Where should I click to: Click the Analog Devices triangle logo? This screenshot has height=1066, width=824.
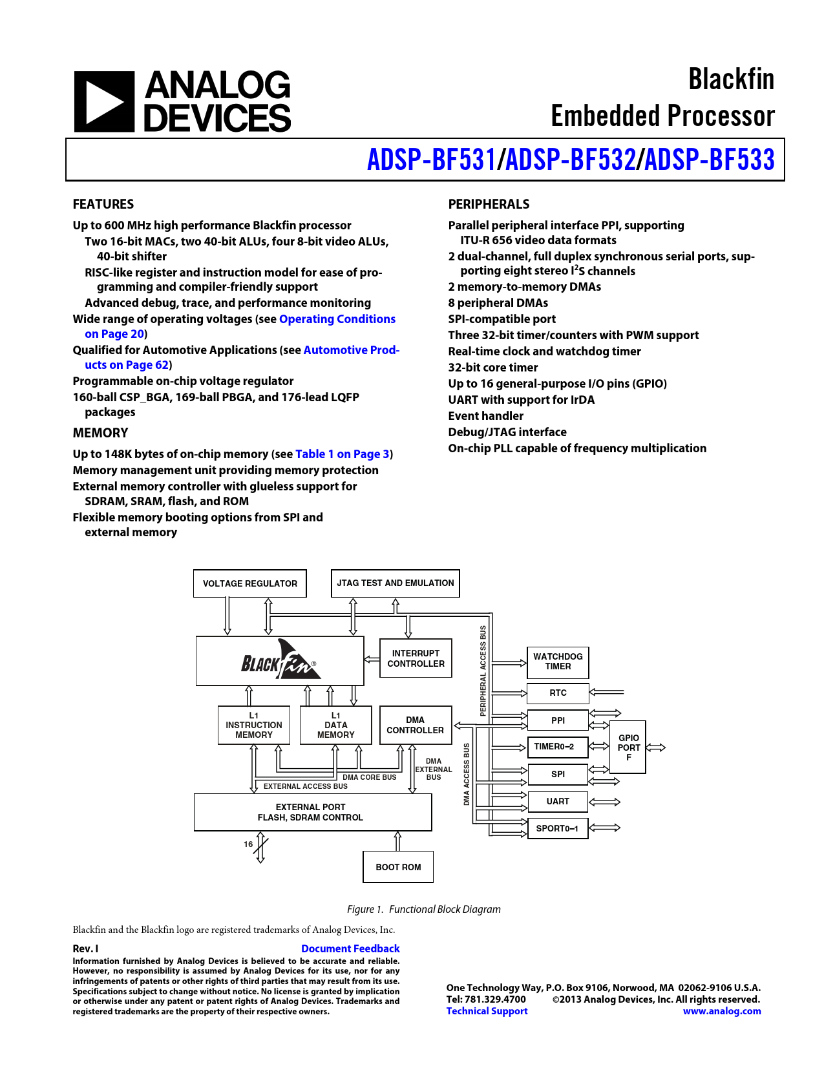point(104,101)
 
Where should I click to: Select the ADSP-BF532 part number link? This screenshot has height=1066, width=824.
point(570,160)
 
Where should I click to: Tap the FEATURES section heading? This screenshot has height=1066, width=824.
point(103,204)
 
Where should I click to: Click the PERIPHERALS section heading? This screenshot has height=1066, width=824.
point(489,204)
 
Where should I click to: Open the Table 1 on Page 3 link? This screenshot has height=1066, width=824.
point(342,454)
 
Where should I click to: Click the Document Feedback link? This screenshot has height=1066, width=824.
point(350,949)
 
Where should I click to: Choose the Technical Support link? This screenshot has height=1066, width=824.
point(487,1011)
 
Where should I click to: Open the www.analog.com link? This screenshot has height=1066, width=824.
point(722,1011)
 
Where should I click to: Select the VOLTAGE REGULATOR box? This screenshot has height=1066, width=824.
point(250,583)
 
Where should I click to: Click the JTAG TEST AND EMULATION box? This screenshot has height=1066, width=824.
point(395,583)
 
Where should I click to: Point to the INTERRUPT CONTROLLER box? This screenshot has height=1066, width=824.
point(416,658)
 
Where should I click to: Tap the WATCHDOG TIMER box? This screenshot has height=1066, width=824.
point(558,662)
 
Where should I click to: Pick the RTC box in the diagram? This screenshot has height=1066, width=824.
point(558,693)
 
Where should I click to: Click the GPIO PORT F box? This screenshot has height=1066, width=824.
point(628,747)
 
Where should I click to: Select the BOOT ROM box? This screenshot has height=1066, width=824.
point(398,867)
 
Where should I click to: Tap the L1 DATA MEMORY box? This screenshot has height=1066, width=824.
point(335,725)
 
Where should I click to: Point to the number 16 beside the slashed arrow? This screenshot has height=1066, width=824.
point(248,844)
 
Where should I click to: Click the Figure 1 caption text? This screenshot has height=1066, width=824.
point(423,909)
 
